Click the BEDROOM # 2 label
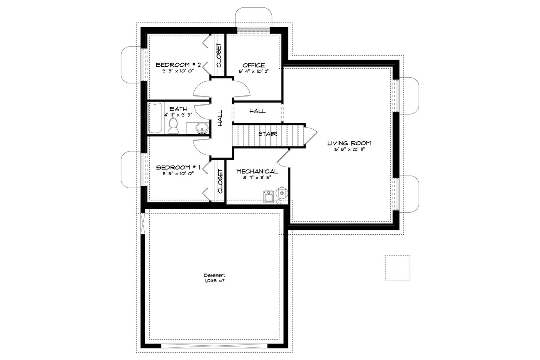[x=178, y=65]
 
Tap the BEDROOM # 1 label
[x=178, y=167]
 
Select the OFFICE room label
[x=254, y=65]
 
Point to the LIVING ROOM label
[x=349, y=143]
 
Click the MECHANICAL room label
[x=257, y=171]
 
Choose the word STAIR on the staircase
[x=268, y=134]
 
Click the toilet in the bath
[x=174, y=125]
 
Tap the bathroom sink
[x=200, y=128]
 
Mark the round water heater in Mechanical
[x=282, y=191]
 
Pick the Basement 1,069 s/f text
[x=214, y=278]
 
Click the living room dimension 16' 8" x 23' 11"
[x=349, y=149]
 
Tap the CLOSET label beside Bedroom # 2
[x=219, y=56]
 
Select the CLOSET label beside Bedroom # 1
[x=220, y=182]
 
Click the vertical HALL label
[x=220, y=118]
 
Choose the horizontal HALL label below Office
[x=257, y=111]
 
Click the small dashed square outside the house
[x=397, y=268]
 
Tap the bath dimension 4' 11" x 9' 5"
[x=178, y=115]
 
